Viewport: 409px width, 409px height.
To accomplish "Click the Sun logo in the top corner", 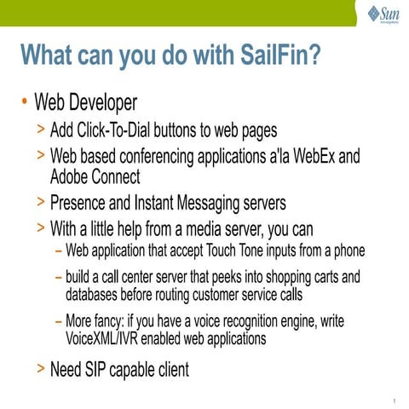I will pyautogui.click(x=383, y=14).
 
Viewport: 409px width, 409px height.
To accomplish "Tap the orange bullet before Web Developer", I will pyautogui.click(x=26, y=103).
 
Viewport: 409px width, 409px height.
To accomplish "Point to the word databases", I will pyautogui.click(x=96, y=294).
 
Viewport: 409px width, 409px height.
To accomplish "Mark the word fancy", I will pyautogui.click(x=122, y=322).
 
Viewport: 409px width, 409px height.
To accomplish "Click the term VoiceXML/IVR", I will pyautogui.click(x=110, y=338).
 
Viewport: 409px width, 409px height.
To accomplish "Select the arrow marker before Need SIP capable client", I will pyautogui.click(x=42, y=370).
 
